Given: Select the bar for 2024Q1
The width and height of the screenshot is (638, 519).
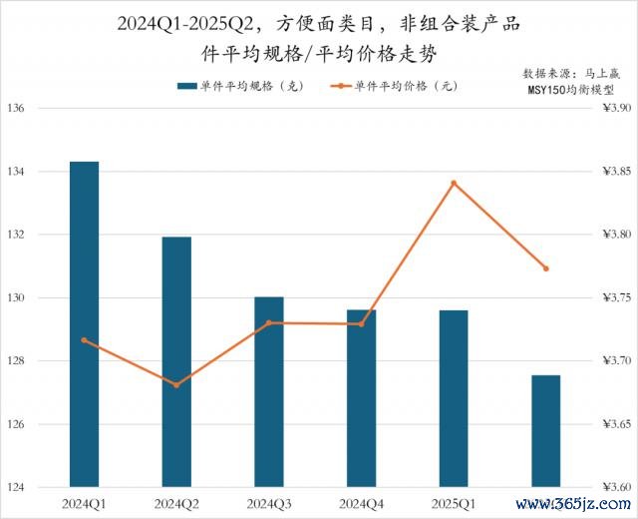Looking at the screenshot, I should pyautogui.click(x=84, y=324).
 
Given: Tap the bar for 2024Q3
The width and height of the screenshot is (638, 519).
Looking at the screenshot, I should pyautogui.click(x=268, y=391).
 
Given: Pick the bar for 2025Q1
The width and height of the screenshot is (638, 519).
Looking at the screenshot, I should pyautogui.click(x=454, y=398).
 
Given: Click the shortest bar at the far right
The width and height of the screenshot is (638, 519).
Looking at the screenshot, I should pyautogui.click(x=545, y=431).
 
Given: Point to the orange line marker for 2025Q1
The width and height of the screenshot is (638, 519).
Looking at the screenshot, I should pyautogui.click(x=454, y=183).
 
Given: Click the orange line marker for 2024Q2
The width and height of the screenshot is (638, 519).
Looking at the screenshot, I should pyautogui.click(x=176, y=384).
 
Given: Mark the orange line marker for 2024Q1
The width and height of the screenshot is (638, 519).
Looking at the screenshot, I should pyautogui.click(x=84, y=340).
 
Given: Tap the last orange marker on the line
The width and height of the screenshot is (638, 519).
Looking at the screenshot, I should pyautogui.click(x=545, y=268).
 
